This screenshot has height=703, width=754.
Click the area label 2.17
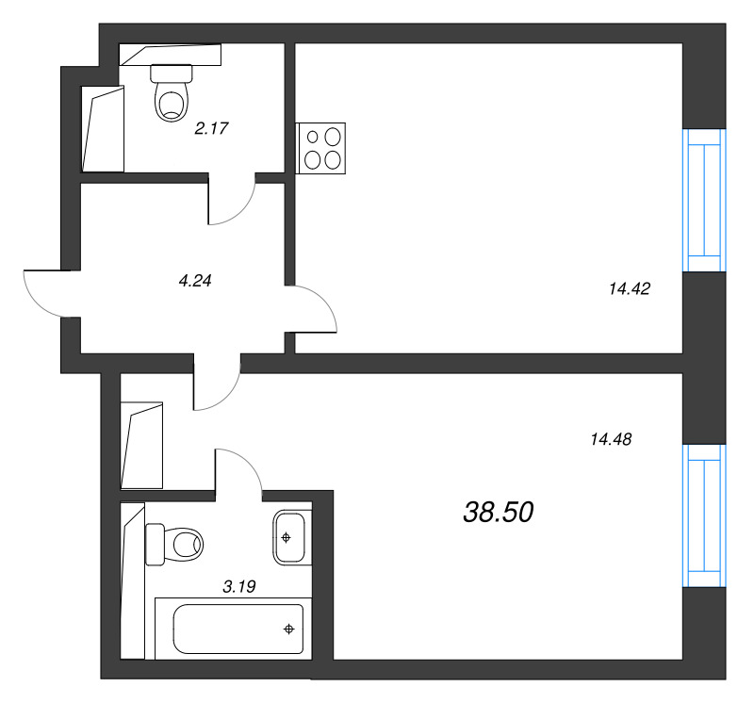pos(211,128)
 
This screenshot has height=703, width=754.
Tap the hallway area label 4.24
pos(195,280)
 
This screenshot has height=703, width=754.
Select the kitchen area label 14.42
pos(630,288)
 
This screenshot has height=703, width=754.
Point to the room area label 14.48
pos(611,439)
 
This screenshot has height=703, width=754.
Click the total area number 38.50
pos(499,512)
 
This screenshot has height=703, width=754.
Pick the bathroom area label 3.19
pos(239,586)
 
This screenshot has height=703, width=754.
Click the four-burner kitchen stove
pos(320,148)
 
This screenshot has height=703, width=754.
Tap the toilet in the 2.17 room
pos(172,92)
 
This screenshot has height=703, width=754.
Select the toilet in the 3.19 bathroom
pos(174,545)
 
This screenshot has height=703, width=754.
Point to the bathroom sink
pos(289,537)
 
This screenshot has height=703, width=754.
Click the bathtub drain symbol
pos(289,629)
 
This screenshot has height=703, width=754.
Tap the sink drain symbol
pos(287,537)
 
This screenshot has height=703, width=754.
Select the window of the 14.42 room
pos(704,200)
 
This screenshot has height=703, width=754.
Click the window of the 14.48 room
pos(704,515)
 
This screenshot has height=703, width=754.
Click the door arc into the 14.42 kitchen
pos(324,301)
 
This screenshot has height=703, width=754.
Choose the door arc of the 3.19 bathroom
pos(249,463)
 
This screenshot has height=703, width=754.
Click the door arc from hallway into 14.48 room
pos(226,396)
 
